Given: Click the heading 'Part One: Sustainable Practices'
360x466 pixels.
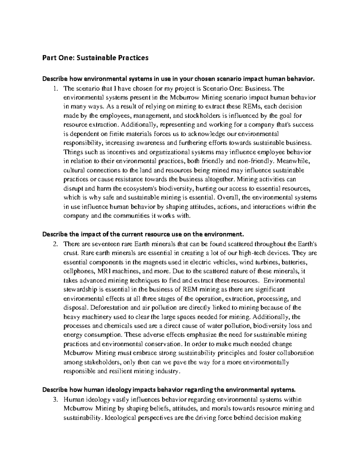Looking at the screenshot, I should coord(95,58).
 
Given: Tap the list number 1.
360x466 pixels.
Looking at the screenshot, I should coord(55,89).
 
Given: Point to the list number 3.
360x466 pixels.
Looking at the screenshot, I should coord(55,399).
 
